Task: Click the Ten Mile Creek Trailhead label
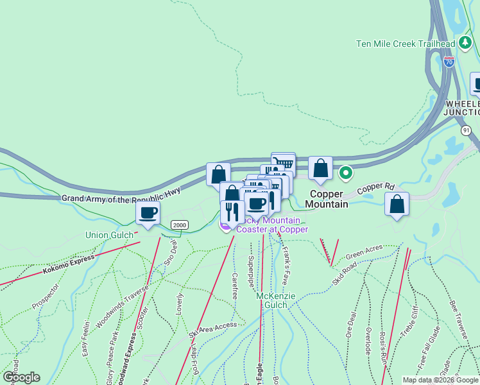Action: (x=406, y=44)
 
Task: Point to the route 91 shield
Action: (x=466, y=130)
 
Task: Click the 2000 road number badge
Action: (x=179, y=224)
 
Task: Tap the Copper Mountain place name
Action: (x=329, y=199)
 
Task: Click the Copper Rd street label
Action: (x=375, y=188)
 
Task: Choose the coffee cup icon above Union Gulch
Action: (x=148, y=212)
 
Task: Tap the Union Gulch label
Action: (x=109, y=235)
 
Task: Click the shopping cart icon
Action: (x=284, y=163)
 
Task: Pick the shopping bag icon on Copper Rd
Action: (x=397, y=204)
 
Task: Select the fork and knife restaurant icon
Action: (x=232, y=212)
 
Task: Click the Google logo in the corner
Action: (x=21, y=377)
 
